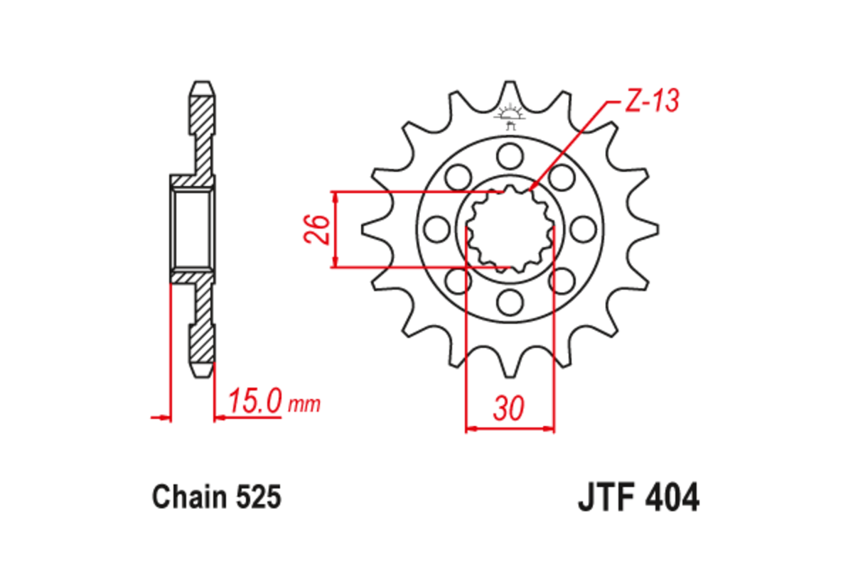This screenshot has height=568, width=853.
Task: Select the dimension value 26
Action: coord(320,229)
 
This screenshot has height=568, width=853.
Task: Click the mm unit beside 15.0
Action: coord(304,405)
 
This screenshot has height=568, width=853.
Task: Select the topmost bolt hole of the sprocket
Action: coord(509,155)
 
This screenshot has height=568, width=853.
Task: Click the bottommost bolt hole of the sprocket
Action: coord(509,302)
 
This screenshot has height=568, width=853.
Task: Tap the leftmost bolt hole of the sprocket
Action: coord(436,229)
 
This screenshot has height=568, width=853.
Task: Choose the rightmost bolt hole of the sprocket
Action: coord(583,229)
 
